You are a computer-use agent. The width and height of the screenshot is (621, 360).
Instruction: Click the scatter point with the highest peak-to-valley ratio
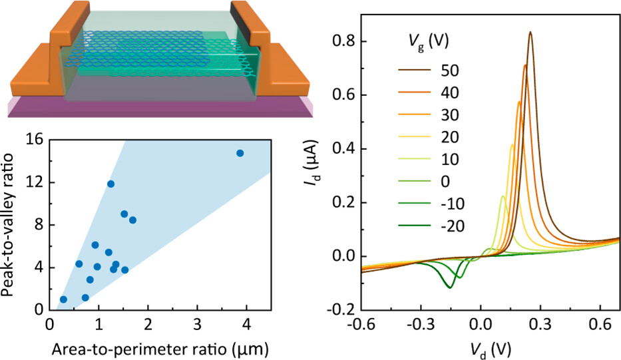[x=240, y=153]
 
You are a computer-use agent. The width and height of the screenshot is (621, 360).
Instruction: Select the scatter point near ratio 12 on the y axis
[x=110, y=184]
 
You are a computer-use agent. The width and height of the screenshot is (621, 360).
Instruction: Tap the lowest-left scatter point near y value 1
[x=63, y=299]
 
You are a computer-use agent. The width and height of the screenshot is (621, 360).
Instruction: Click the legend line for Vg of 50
[x=417, y=69]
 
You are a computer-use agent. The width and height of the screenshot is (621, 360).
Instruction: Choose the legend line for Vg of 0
[x=417, y=180]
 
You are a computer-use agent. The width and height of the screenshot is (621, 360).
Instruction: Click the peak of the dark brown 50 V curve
[x=530, y=32]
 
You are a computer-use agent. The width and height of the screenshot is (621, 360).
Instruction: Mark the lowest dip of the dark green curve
[x=450, y=287]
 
